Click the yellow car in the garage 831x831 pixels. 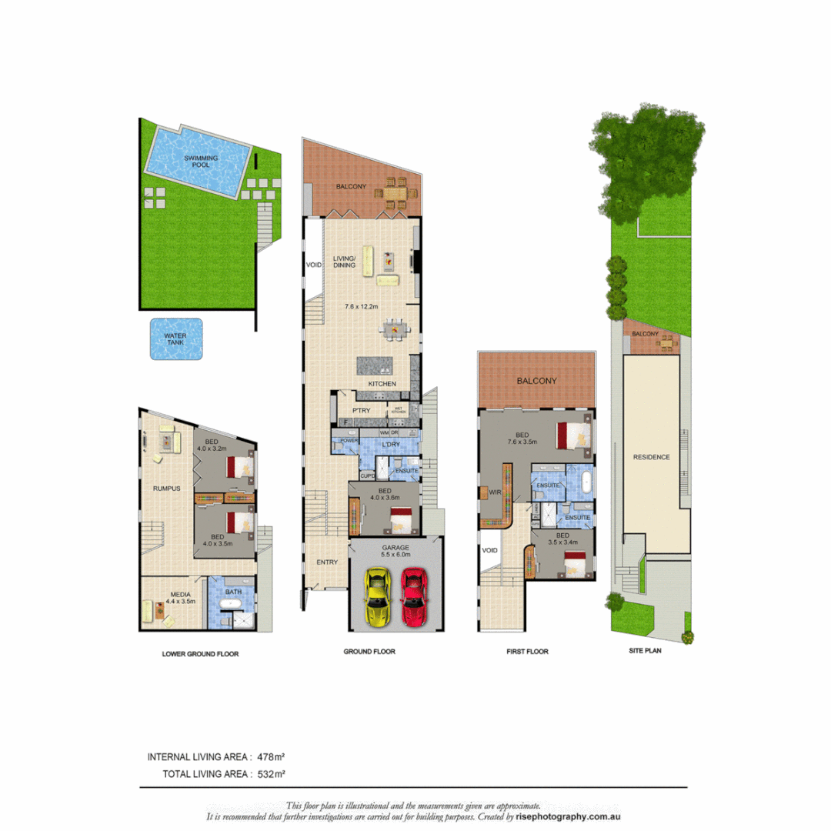point(377,596)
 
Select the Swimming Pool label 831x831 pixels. point(201,162)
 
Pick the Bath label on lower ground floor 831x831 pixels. point(232,592)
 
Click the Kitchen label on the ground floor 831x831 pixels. point(382,383)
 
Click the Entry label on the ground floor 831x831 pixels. point(327,562)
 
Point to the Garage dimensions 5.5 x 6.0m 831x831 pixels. point(395,555)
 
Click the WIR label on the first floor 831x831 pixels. point(495,491)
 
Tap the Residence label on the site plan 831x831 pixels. point(651,457)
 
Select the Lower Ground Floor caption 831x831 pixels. point(200,654)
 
